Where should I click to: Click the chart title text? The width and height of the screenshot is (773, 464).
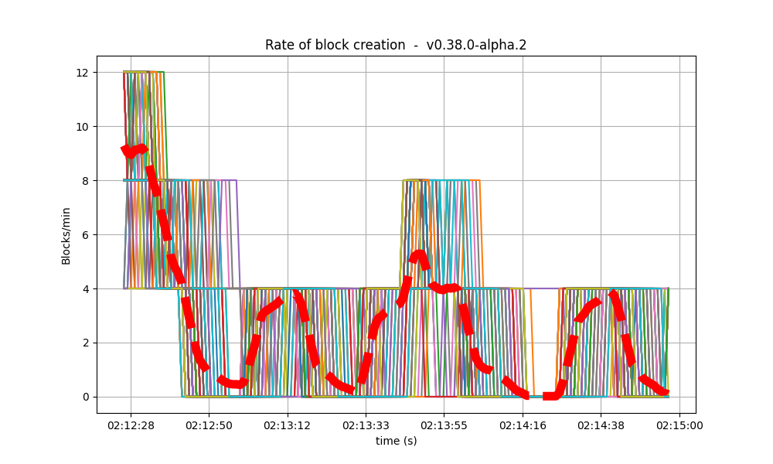tap(396, 45)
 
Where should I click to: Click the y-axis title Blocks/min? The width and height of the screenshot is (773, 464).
tap(66, 234)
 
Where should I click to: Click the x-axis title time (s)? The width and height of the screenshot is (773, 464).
tap(396, 441)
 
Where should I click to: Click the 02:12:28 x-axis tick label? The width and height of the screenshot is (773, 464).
tap(130, 425)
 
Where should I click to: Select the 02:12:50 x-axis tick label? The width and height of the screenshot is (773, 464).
tap(209, 425)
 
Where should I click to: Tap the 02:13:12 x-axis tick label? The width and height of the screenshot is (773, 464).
tap(288, 425)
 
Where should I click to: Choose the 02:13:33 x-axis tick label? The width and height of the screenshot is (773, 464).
tap(366, 425)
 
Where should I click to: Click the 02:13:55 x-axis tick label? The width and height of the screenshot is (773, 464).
tap(444, 425)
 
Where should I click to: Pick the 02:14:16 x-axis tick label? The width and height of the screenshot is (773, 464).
tap(523, 425)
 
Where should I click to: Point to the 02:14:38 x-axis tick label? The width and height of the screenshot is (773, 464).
tap(601, 425)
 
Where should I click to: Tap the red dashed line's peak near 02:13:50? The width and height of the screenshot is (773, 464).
tap(418, 254)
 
